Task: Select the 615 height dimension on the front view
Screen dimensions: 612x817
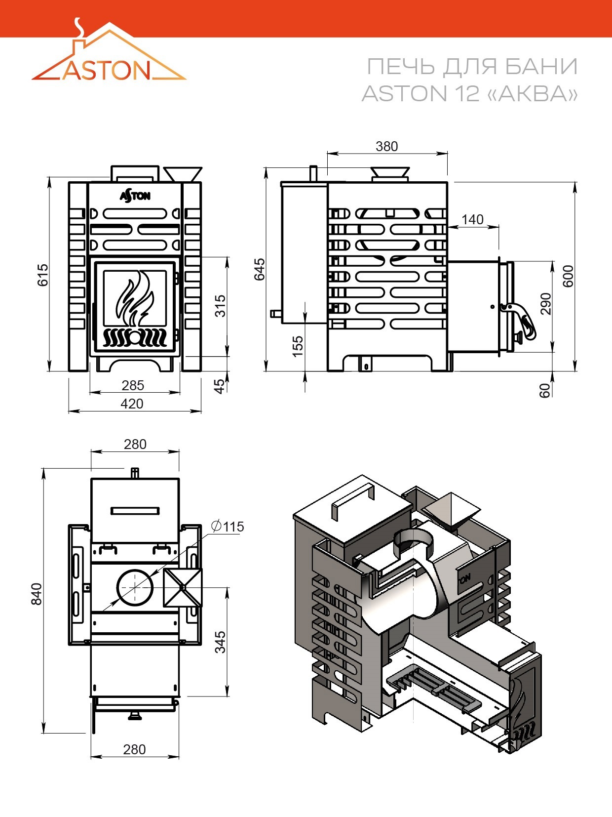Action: click(43, 275)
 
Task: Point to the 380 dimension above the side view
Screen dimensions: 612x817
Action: click(386, 146)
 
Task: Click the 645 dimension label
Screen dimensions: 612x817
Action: click(260, 269)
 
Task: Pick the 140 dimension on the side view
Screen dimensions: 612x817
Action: click(472, 219)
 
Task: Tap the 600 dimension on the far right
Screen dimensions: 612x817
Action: click(568, 276)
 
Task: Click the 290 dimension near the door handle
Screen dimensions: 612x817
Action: click(546, 304)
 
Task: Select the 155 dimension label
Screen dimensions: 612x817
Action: click(298, 347)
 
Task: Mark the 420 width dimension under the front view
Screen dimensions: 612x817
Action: click(132, 404)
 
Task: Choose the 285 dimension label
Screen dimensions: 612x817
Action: click(133, 385)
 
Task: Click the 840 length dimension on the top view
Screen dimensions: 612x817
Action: click(37, 594)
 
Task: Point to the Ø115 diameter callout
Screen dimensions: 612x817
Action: click(228, 526)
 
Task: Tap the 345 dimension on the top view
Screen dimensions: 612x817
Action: click(220, 642)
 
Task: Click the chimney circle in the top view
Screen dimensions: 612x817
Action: click(135, 588)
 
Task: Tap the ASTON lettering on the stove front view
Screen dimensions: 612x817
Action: click(135, 196)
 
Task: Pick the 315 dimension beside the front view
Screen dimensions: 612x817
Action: click(221, 306)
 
